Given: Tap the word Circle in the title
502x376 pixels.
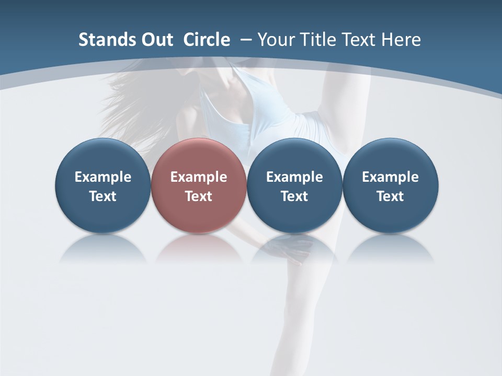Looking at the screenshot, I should coord(207,40).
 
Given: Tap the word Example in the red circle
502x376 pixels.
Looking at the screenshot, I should coord(198,177).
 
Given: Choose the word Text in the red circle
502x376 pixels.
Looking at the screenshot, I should coord(198,196).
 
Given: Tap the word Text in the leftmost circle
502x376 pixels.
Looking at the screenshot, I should coord(102,196).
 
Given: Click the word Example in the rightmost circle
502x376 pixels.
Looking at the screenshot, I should coord(390,177).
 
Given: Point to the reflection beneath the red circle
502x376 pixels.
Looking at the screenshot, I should coord(198,248).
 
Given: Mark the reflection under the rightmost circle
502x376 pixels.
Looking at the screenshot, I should coord(390,248).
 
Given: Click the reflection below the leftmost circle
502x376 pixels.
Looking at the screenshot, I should coord(102,248).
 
